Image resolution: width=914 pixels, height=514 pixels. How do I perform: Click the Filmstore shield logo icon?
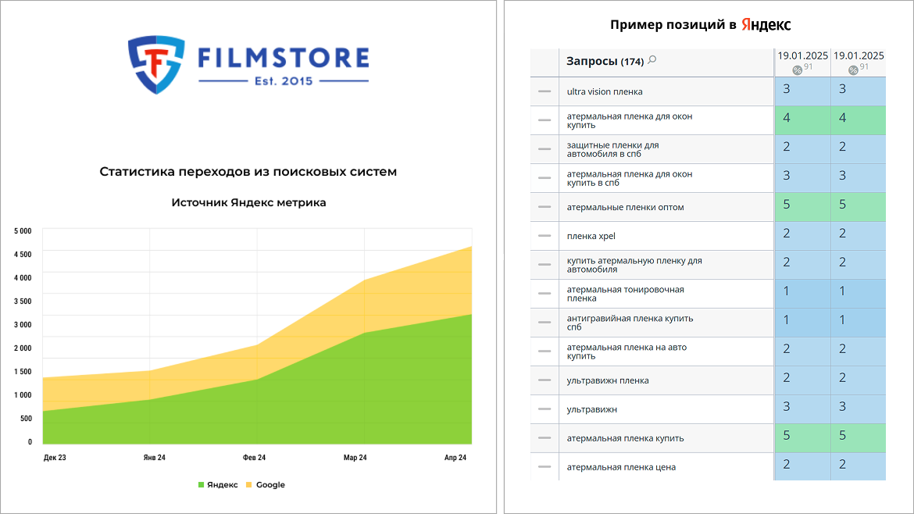156,64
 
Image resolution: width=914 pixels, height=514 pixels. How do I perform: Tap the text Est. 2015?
284,81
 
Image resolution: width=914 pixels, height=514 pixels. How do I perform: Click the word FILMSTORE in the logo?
284,59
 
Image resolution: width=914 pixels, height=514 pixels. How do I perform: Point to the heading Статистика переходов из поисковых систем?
248,171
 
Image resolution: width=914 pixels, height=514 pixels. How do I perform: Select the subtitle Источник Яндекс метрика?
249,203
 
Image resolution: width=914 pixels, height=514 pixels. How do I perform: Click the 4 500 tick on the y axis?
23,254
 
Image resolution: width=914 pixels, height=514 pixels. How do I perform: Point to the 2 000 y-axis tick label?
23,348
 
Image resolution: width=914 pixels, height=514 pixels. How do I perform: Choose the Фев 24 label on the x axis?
254,458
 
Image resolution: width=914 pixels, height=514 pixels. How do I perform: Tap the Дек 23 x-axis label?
55,458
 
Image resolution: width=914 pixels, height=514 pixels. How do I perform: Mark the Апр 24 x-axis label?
455,458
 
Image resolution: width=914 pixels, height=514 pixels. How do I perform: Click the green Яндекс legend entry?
218,485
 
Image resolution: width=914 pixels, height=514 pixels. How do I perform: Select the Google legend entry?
266,485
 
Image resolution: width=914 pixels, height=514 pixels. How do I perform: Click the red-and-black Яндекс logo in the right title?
766,24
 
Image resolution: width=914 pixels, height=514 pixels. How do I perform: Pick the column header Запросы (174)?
605,61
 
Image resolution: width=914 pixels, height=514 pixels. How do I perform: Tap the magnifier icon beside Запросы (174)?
652,59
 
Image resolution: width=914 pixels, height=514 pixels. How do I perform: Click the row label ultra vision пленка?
605,91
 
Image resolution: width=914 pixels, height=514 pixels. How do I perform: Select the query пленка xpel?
591,236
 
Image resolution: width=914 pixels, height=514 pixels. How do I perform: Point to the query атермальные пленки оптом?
626,208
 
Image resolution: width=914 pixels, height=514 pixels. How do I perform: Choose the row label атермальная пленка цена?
621,467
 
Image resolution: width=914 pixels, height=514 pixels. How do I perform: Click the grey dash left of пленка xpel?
544,235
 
